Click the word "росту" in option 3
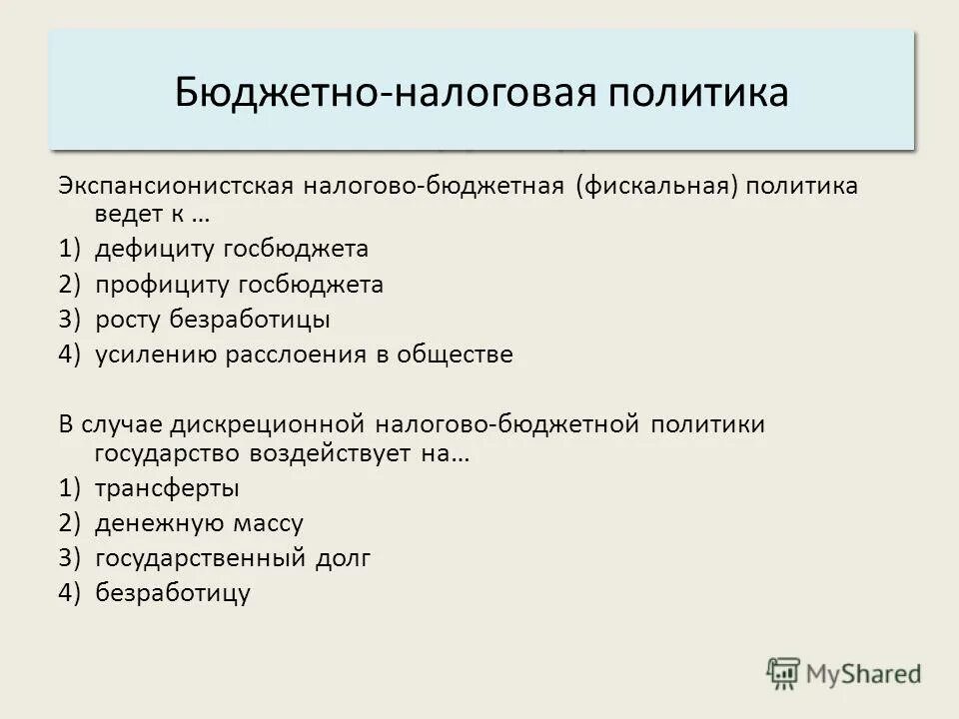tap(129, 320)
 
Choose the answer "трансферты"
tap(168, 488)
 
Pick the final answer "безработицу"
tap(173, 593)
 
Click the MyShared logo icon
tap(783, 673)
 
